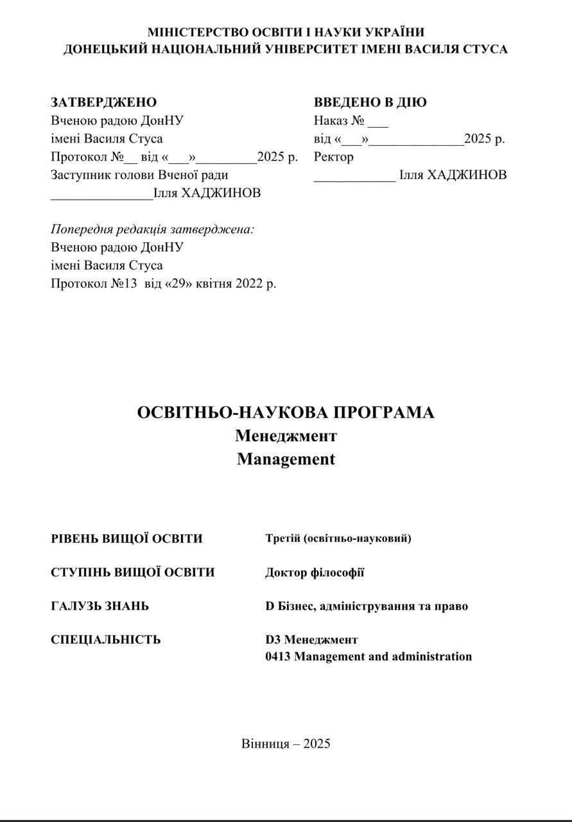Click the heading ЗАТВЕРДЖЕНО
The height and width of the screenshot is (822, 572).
point(103,102)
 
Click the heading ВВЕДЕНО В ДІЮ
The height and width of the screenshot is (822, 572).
point(370,102)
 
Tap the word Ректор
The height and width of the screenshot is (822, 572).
point(333,157)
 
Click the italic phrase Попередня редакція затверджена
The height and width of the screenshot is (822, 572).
point(152,229)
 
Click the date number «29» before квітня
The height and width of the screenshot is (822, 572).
point(180,283)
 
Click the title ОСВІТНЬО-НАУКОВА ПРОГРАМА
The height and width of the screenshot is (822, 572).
point(286,412)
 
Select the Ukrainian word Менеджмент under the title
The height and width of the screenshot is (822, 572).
point(286,436)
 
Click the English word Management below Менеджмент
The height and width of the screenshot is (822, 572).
point(286,459)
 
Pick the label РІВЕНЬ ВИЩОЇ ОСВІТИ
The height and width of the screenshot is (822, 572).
point(126,539)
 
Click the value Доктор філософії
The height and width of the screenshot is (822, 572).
point(315,572)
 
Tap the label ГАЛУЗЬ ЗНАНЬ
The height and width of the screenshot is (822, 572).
point(100,606)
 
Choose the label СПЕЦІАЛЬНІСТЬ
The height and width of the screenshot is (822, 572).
point(106,640)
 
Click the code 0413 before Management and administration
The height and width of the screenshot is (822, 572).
point(278,656)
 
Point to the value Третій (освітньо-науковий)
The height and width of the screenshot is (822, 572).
point(338,538)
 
